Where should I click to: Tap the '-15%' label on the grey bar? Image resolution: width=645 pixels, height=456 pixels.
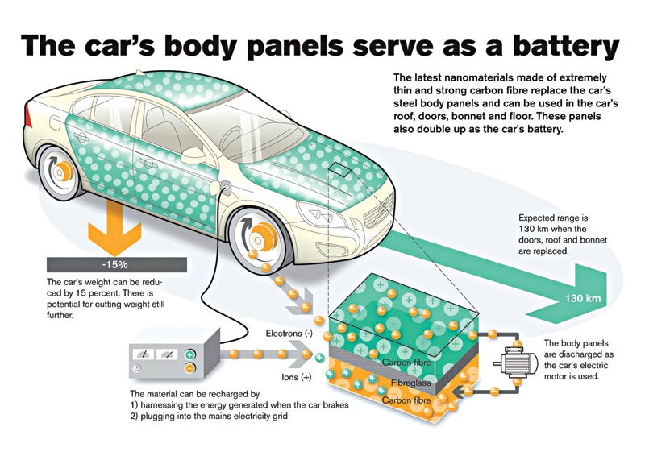[114, 263]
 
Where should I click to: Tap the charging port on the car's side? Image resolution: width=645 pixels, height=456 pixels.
[224, 189]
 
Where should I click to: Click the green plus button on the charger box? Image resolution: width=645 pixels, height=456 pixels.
[190, 354]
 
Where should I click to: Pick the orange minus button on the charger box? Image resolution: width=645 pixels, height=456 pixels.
[190, 368]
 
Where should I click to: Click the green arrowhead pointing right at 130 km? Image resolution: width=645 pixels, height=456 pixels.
[597, 297]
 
